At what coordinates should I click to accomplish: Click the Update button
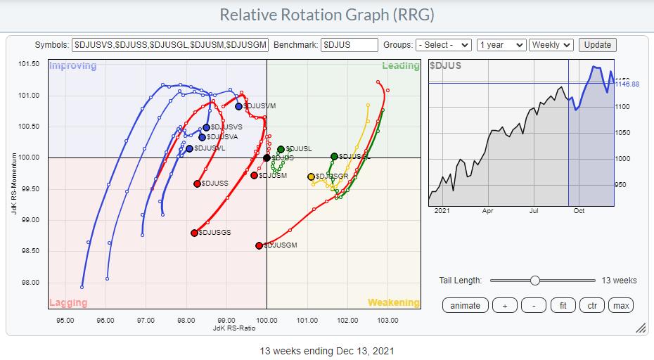tap(597, 44)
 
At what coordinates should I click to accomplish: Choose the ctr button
tap(591, 305)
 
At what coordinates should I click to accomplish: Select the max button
tap(620, 305)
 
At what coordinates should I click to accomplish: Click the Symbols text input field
tap(170, 44)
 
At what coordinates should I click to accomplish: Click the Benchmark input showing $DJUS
tap(350, 44)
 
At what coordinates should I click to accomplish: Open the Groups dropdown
tap(443, 44)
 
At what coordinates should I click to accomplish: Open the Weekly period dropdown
tap(551, 44)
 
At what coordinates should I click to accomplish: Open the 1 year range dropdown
tap(501, 44)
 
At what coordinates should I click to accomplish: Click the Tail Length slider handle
tap(535, 281)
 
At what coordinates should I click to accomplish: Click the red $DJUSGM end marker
tap(259, 245)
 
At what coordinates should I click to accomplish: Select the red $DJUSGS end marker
tap(194, 233)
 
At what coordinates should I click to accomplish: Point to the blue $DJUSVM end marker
tap(239, 106)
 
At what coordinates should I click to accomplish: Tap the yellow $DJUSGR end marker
tap(311, 176)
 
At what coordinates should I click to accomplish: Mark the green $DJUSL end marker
tap(281, 149)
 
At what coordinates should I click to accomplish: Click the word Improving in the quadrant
tap(72, 66)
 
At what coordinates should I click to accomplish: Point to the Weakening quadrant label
tap(393, 302)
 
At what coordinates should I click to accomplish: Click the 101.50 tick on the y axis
tap(28, 65)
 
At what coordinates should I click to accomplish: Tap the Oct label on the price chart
tap(579, 210)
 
